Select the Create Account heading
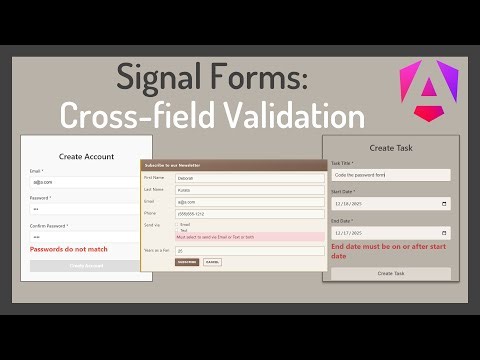(86, 156)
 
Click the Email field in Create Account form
(86, 182)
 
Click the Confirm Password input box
(86, 237)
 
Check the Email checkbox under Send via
(178, 225)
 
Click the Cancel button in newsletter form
(212, 262)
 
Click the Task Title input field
(390, 175)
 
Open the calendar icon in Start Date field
(444, 203)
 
